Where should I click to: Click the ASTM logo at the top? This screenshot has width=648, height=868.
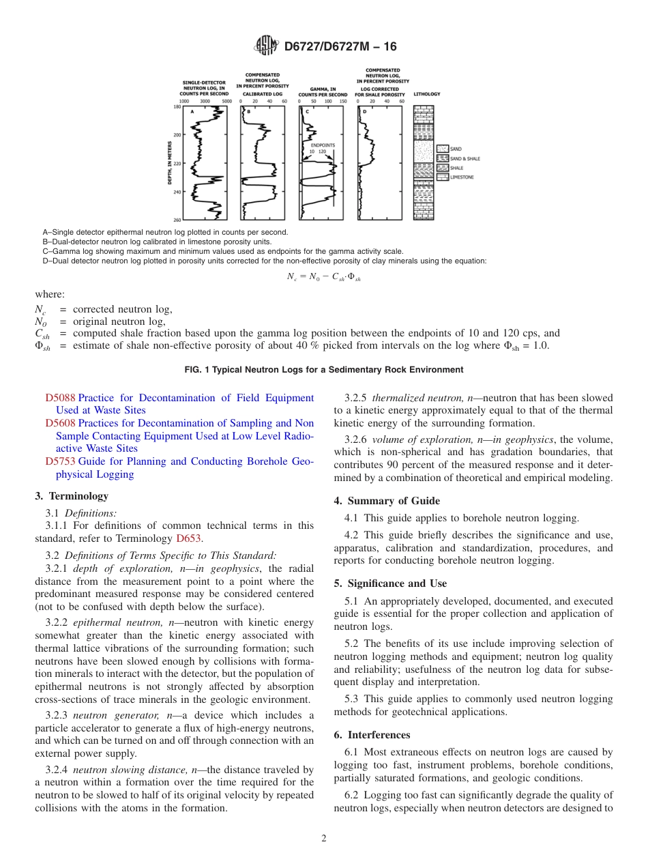click(x=266, y=46)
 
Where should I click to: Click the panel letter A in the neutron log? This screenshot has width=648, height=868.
click(x=192, y=111)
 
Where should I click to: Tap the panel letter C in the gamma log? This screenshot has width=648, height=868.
click(x=307, y=111)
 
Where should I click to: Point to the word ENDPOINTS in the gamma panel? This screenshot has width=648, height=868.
click(x=323, y=145)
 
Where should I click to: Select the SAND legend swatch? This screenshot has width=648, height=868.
click(x=442, y=149)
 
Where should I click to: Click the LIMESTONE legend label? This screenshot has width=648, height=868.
click(x=462, y=177)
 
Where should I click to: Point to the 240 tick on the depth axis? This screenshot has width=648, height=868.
click(x=177, y=192)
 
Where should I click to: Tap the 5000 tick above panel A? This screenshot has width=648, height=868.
click(x=227, y=100)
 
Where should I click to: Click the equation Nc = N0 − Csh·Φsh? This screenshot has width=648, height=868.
click(x=323, y=277)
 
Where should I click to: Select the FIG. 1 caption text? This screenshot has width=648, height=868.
click(x=323, y=370)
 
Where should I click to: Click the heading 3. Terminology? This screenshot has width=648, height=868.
click(x=72, y=496)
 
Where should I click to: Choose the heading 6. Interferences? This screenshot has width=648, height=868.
click(x=372, y=735)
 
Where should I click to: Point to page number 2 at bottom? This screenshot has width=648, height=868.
click(x=324, y=839)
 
